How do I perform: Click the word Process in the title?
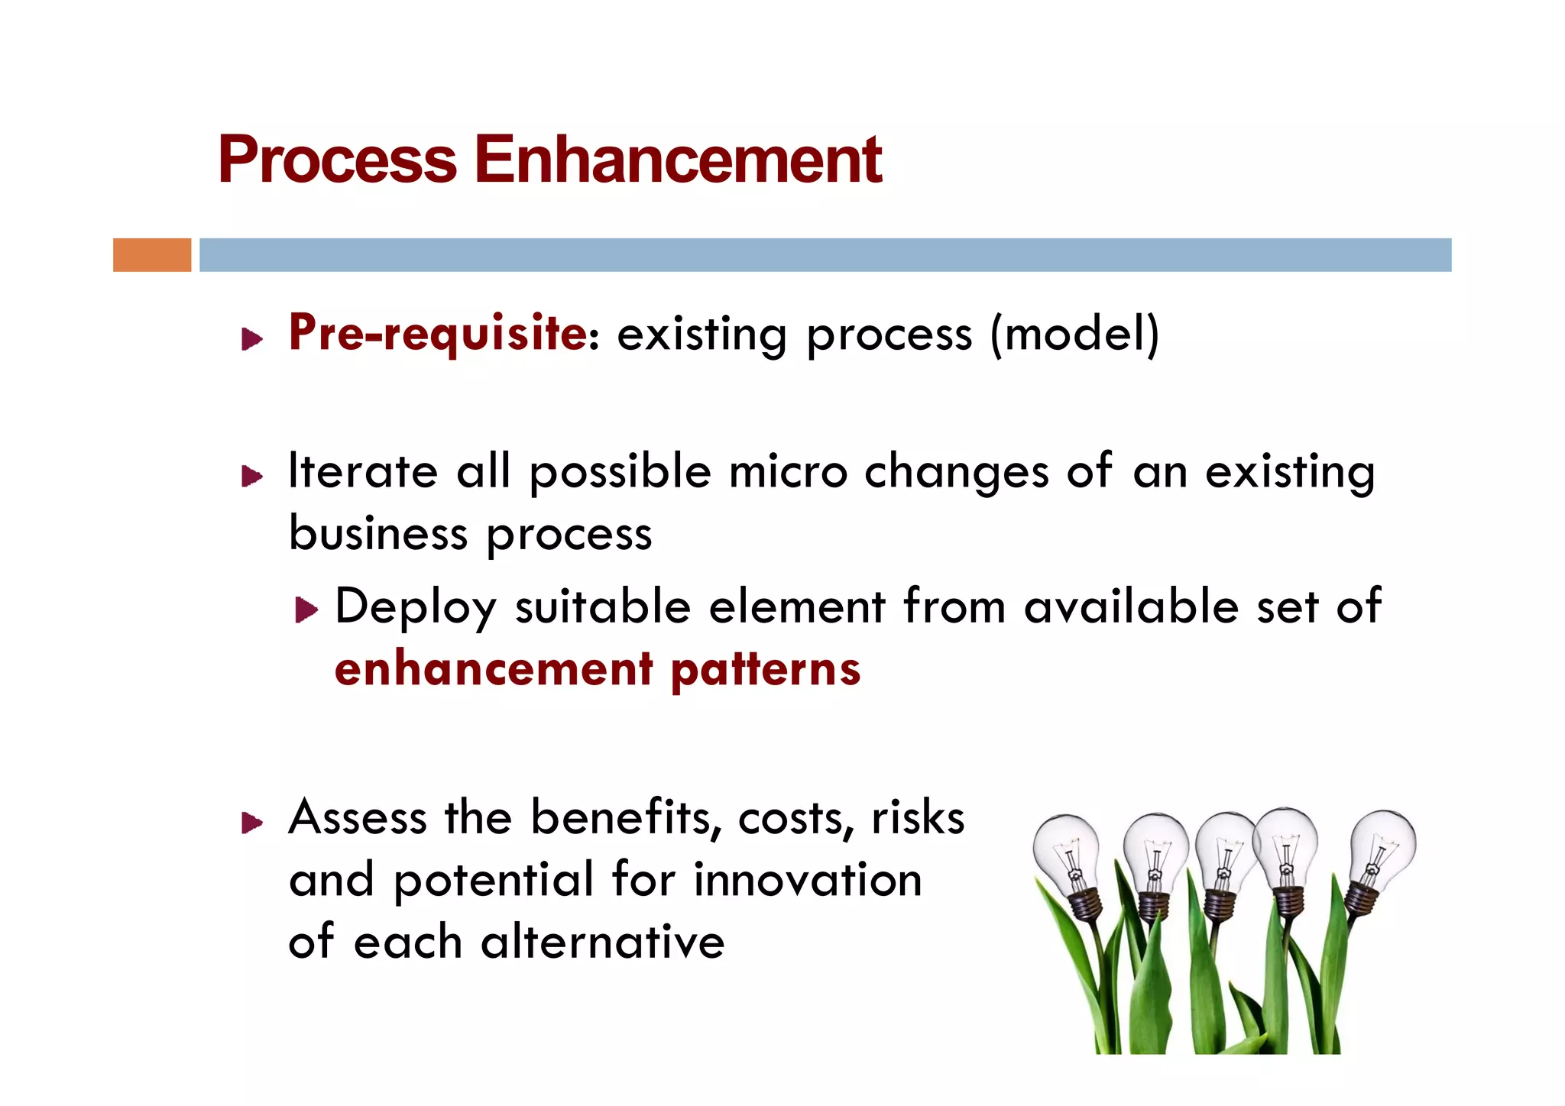[337, 160]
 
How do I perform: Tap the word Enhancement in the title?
[678, 160]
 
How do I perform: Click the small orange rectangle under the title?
[152, 255]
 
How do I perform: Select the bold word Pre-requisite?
[438, 334]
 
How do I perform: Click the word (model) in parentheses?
[1074, 335]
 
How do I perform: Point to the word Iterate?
[363, 471]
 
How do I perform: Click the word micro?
[788, 471]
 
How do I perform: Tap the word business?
[378, 533]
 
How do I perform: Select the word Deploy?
[416, 608]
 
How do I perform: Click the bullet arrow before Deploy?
[306, 610]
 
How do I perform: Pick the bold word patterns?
[766, 670]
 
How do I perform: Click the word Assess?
[357, 818]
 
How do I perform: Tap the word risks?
[918, 818]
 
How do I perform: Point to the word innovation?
[808, 880]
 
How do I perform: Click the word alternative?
[602, 942]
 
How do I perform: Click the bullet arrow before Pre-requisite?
[252, 339]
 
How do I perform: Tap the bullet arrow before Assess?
[252, 823]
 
